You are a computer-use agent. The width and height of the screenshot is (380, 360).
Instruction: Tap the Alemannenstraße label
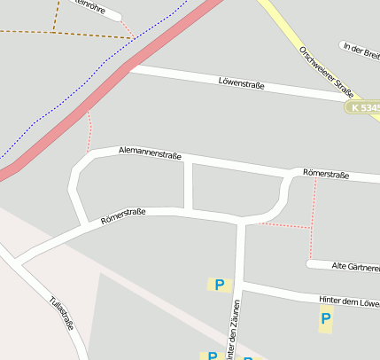pyautogui.click(x=150, y=154)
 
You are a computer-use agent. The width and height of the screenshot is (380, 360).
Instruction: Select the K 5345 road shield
pyautogui.click(x=364, y=107)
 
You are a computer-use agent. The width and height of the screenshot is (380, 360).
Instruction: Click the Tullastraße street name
pyautogui.click(x=62, y=312)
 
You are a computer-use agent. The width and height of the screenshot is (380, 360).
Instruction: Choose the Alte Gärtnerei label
pyautogui.click(x=354, y=266)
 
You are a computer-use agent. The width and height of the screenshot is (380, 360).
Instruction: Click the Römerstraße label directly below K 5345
pyautogui.click(x=325, y=174)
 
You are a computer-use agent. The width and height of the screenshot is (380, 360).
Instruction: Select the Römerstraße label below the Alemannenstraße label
pyautogui.click(x=123, y=215)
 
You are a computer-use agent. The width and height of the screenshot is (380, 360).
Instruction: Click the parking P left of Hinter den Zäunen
pyautogui.click(x=218, y=285)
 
